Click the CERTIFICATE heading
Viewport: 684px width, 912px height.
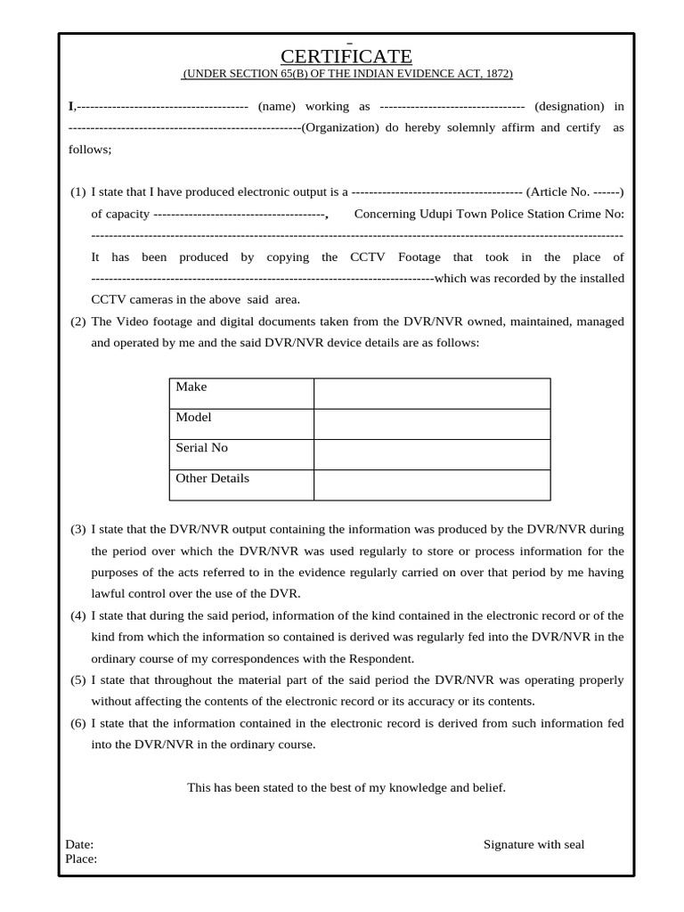346,57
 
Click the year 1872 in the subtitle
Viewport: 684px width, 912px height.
497,74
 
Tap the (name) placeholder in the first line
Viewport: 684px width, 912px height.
277,106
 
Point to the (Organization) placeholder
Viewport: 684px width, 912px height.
340,127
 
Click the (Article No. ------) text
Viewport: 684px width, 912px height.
574,191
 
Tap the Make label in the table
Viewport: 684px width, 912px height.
191,387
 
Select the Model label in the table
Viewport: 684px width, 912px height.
193,417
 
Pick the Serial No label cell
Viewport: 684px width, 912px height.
201,447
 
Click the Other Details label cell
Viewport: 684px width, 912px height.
212,478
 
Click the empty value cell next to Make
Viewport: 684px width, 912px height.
431,393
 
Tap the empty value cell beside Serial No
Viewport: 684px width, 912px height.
431,454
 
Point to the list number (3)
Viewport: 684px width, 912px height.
78,530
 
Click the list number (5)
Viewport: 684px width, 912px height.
78,680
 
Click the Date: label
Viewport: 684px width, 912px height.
79,844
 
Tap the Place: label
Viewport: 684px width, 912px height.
81,859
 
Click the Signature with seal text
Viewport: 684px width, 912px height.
533,844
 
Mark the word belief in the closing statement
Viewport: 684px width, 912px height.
486,787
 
